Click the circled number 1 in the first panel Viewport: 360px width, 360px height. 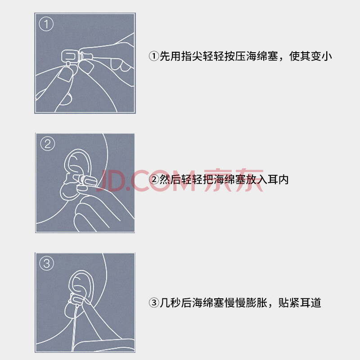(x=46, y=24)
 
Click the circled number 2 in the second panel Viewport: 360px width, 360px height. (x=48, y=144)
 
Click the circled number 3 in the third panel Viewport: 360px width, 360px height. (x=47, y=263)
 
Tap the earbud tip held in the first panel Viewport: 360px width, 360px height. (x=69, y=56)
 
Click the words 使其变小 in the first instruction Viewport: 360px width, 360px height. (x=310, y=56)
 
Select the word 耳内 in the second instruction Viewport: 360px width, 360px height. (x=278, y=180)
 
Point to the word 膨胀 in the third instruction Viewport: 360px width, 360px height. (x=256, y=302)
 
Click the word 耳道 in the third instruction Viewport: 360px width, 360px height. (x=310, y=302)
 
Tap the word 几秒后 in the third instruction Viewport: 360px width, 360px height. (x=175, y=302)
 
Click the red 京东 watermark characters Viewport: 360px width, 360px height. (x=234, y=180)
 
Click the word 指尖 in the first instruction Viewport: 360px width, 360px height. (x=192, y=56)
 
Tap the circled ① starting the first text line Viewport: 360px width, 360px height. (x=154, y=56)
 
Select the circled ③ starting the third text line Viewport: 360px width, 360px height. (x=154, y=302)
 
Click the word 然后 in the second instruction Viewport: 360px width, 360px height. (x=170, y=180)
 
